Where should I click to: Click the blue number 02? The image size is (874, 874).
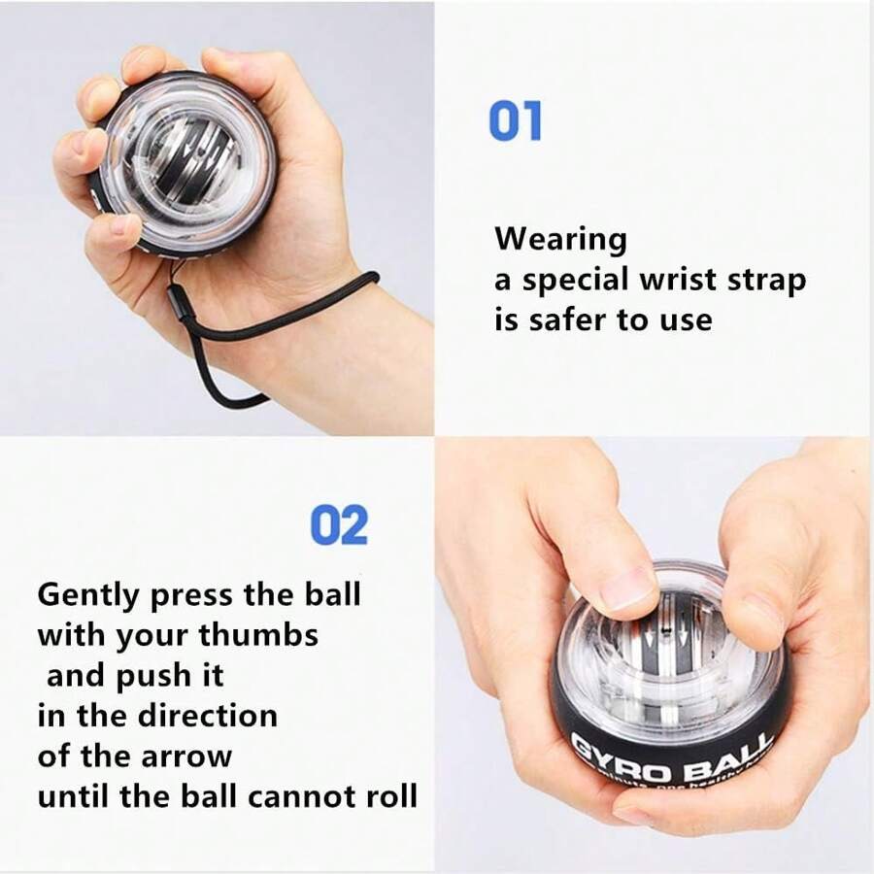click(x=339, y=525)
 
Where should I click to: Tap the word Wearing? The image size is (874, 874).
click(x=560, y=240)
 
